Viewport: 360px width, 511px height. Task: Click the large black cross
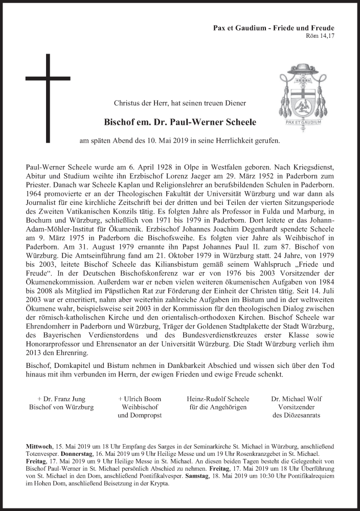(49, 97)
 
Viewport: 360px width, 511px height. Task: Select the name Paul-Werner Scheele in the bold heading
(201, 123)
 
